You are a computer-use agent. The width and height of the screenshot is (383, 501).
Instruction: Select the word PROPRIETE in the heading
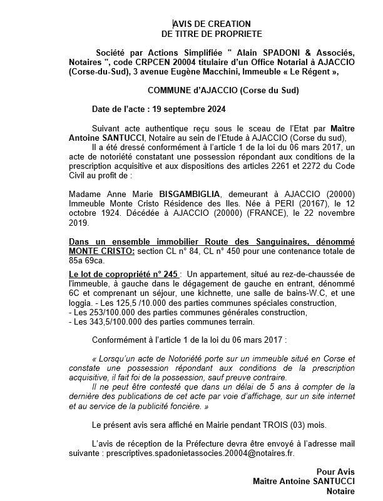pyautogui.click(x=238, y=33)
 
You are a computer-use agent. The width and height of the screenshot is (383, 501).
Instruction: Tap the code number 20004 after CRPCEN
pyautogui.click(x=178, y=63)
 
